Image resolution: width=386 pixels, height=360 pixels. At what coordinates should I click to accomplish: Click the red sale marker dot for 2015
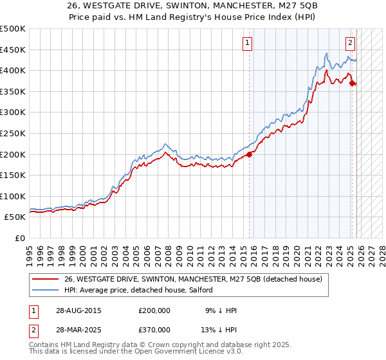(x=250, y=154)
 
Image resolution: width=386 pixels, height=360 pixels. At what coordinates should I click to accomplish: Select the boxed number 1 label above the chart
(x=248, y=43)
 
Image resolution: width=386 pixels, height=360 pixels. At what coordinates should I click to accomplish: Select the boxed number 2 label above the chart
(x=350, y=43)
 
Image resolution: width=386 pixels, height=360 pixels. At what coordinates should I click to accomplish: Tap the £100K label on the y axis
(x=14, y=196)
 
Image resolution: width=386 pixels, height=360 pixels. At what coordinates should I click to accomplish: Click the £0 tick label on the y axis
(x=19, y=238)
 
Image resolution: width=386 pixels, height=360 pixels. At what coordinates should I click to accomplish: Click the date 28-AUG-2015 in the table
(x=78, y=310)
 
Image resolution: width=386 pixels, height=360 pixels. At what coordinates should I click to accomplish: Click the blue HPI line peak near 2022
(x=327, y=53)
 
